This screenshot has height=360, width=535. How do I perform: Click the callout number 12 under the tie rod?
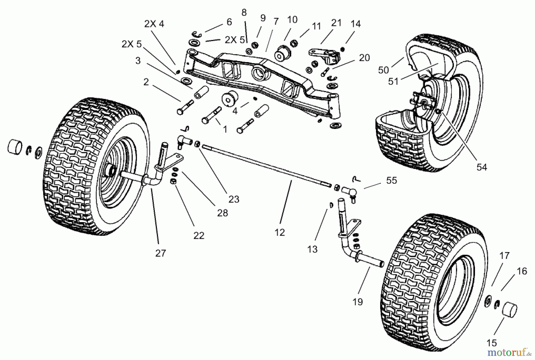coord(280,232)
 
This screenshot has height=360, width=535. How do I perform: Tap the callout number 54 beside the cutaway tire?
coord(481,167)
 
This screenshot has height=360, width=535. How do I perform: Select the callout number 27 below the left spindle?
coord(160,253)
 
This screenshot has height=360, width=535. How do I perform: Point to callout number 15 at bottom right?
coord(492,343)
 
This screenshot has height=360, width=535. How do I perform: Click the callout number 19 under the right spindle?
coord(358,302)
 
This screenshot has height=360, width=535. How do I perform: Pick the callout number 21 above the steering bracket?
coord(336,23)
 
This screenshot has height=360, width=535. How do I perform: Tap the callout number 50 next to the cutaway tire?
coord(383,70)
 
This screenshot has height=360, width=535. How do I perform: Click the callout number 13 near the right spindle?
coord(312,249)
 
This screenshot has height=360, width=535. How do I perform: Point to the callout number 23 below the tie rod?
coord(234,199)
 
